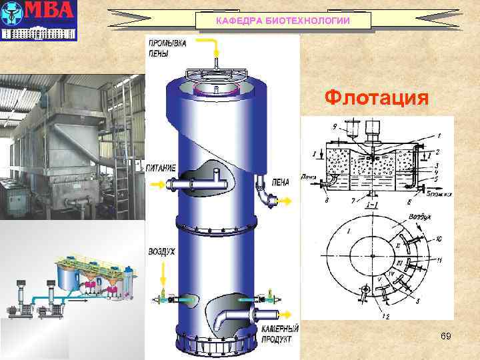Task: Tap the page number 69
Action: click(x=445, y=337)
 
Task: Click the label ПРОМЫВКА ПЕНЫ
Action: click(x=167, y=47)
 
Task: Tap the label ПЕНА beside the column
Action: click(x=281, y=181)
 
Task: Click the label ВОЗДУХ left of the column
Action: click(x=162, y=252)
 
